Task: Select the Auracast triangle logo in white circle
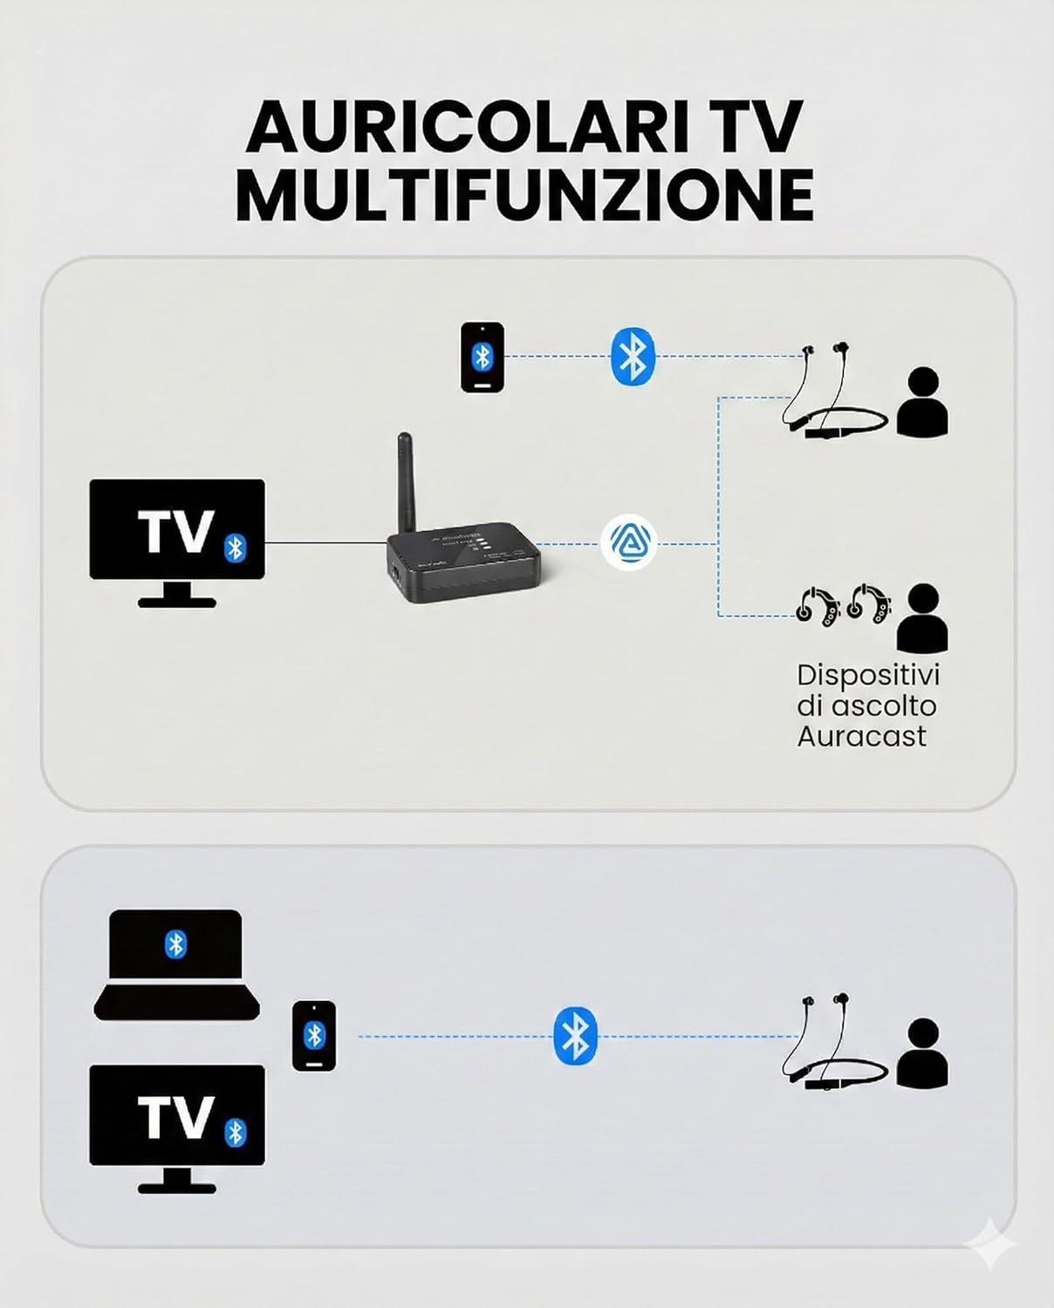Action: pos(628,542)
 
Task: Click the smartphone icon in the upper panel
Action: pos(483,357)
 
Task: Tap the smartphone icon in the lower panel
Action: pos(314,1036)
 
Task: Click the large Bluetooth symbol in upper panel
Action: pos(633,357)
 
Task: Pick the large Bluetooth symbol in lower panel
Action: pos(575,1036)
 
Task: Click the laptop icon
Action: pos(177,964)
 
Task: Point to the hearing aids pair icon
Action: pos(843,603)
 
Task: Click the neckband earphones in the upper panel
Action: pos(833,392)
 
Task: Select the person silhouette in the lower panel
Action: pos(922,1052)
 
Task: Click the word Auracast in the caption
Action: pos(861,736)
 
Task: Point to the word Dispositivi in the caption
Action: pos(868,675)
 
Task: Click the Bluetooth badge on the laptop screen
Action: pos(176,944)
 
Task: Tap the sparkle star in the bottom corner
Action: pos(990,1245)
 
